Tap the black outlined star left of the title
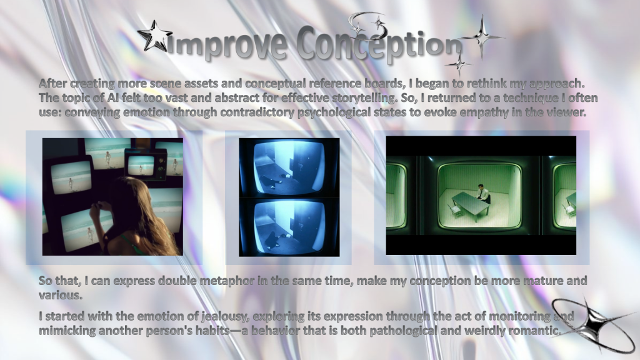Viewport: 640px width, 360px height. [154, 36]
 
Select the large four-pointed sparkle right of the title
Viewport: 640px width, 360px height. [482, 36]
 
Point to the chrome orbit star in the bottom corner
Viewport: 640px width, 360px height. [592, 324]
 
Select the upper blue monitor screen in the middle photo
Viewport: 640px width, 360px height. [289, 167]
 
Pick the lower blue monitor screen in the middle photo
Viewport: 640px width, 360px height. [289, 226]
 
